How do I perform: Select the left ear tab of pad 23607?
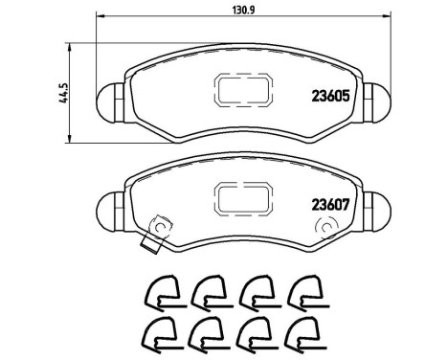(x=107, y=205)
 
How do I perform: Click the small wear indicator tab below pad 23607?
(x=148, y=246)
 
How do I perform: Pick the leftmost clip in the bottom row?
(x=159, y=335)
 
